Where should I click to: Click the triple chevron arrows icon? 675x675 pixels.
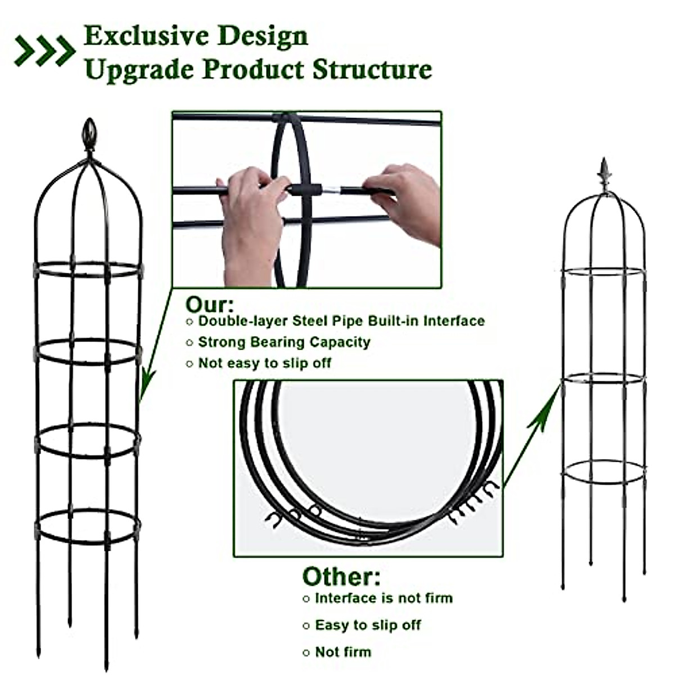pyautogui.click(x=45, y=51)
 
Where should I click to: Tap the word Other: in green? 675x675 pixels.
pyautogui.click(x=341, y=577)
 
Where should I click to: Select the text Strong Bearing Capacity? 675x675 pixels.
pyautogui.click(x=284, y=342)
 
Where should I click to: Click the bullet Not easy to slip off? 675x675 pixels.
pyautogui.click(x=264, y=363)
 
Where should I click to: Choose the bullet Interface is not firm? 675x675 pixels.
pyautogui.click(x=384, y=598)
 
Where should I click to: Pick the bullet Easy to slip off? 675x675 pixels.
pyautogui.click(x=368, y=625)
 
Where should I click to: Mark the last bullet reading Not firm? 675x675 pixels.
pyautogui.click(x=343, y=652)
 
